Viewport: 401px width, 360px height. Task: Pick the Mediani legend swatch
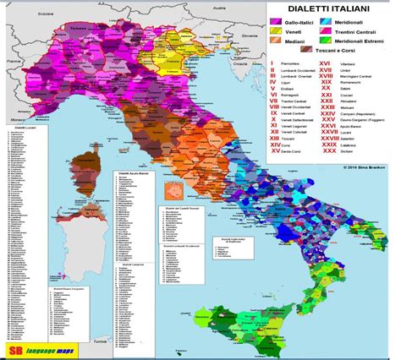pos(275,52)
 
